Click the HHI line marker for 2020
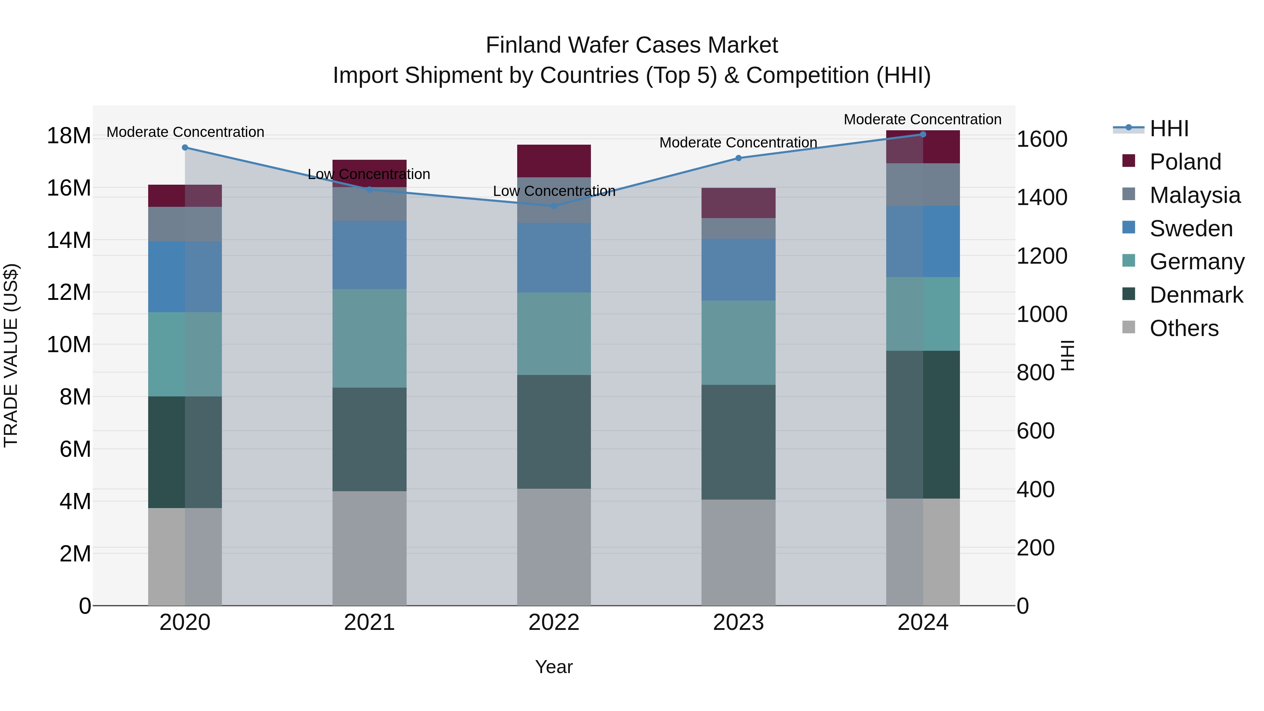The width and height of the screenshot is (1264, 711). pyautogui.click(x=185, y=147)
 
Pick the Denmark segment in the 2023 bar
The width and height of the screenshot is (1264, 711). pyautogui.click(x=738, y=442)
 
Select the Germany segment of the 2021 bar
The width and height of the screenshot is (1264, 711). pyautogui.click(x=369, y=338)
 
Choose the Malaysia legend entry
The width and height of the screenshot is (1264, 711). pyautogui.click(x=1194, y=195)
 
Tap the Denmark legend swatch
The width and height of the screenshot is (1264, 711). pyautogui.click(x=1128, y=295)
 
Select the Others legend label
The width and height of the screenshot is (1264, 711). pyautogui.click(x=1184, y=328)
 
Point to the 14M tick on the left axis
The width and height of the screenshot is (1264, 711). pyautogui.click(x=69, y=241)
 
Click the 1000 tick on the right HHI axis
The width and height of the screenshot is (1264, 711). pyautogui.click(x=1041, y=314)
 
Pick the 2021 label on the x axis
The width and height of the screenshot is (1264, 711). pyautogui.click(x=369, y=622)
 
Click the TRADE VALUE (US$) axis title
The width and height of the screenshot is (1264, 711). pyautogui.click(x=11, y=355)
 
